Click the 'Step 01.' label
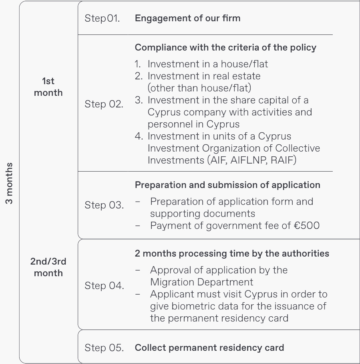click(102, 18)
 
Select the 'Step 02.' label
click(104, 104)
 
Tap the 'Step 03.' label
click(104, 205)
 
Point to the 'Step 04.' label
click(104, 285)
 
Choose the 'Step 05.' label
click(104, 348)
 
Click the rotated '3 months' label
click(9, 183)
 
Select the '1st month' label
click(48, 87)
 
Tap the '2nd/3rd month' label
click(48, 267)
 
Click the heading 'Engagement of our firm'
click(188, 18)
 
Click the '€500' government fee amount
click(307, 226)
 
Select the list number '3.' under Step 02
click(139, 100)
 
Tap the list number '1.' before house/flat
click(138, 64)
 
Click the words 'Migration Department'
click(201, 282)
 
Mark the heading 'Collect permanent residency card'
click(209, 348)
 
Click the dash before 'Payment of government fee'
click(137, 226)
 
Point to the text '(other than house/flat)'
click(199, 88)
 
